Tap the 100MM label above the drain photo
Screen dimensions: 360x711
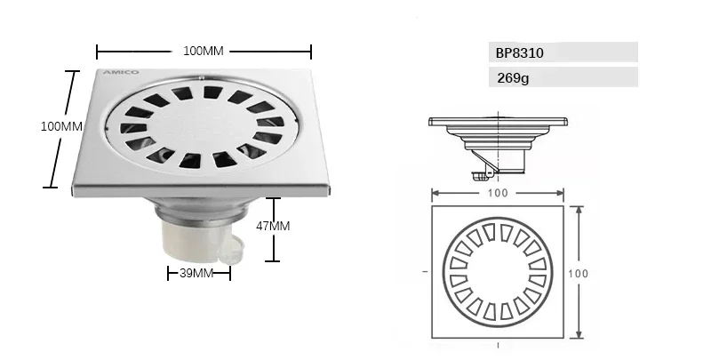coord(203,51)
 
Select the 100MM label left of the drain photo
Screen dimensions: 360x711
coord(61,126)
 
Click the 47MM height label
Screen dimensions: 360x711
coord(273,226)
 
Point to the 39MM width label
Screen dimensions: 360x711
coord(196,273)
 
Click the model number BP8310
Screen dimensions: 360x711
coord(520,52)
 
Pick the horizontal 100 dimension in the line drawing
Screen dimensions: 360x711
coord(499,192)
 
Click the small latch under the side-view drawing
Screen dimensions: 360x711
coord(481,165)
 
